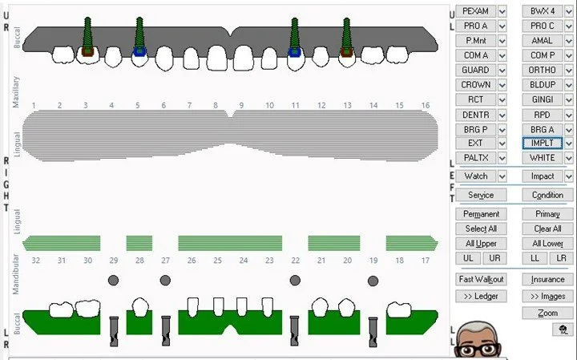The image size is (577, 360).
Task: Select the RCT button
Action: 475,99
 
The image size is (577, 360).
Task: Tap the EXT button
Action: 475,143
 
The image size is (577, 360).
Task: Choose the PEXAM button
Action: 475,11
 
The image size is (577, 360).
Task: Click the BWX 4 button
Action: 542,11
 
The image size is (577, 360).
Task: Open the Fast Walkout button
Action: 481,279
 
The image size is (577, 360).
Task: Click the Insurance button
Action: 548,279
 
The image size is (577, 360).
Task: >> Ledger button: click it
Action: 481,296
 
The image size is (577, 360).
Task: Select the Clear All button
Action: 548,229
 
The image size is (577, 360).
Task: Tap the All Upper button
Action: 481,243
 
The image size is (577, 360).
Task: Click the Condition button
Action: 548,195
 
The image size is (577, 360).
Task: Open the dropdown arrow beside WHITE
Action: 569,157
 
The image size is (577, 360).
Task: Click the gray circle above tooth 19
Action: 373,280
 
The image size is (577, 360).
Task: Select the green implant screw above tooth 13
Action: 347,34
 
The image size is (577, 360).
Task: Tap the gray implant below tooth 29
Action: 113,330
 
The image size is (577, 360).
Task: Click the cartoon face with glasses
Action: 482,342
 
